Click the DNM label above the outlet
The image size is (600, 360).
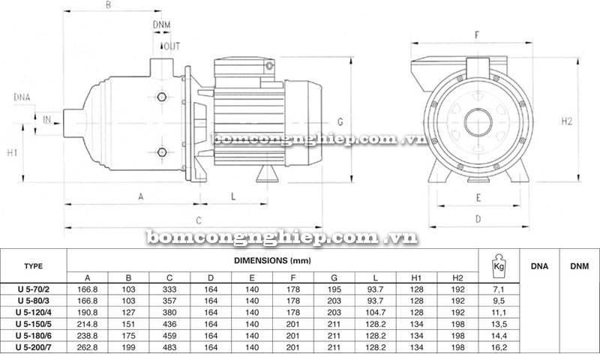click(161, 25)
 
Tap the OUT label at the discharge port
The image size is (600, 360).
click(172, 46)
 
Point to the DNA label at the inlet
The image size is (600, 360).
click(22, 97)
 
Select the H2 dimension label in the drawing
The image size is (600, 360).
click(567, 121)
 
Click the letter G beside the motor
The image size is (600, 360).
click(340, 121)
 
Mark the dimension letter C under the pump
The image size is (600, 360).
click(199, 220)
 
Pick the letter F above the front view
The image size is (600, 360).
click(477, 35)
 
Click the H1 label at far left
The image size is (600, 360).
click(12, 153)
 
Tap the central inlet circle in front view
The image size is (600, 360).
click(478, 122)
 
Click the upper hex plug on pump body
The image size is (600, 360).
click(162, 97)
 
